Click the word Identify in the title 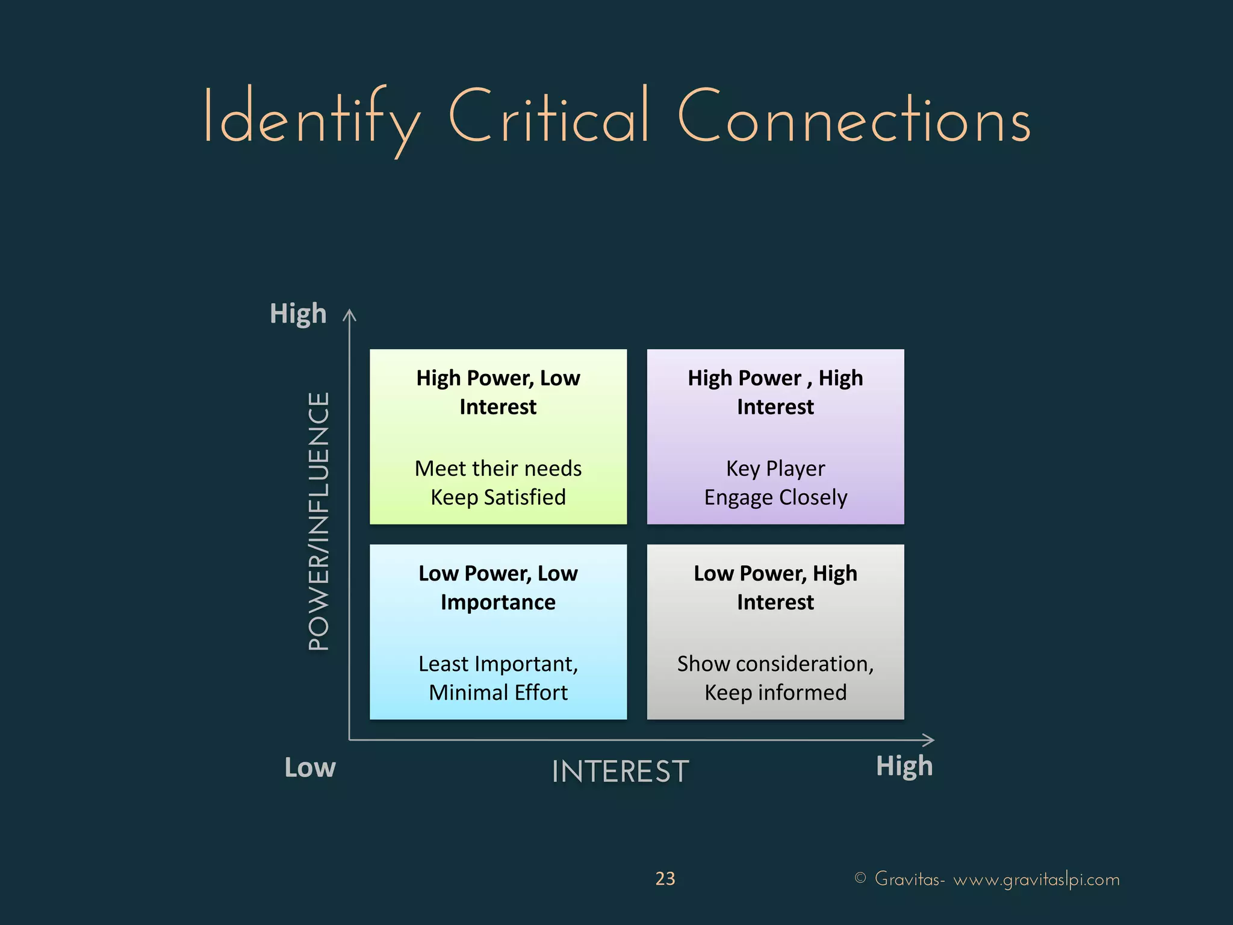pyautogui.click(x=311, y=117)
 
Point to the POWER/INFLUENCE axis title pyautogui.click(x=319, y=521)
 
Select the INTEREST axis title pyautogui.click(x=620, y=771)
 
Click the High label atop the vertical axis pyautogui.click(x=298, y=314)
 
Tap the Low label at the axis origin pyautogui.click(x=310, y=768)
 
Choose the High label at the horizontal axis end pyautogui.click(x=904, y=766)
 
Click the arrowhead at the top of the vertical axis pyautogui.click(x=350, y=315)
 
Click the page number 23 pyautogui.click(x=665, y=879)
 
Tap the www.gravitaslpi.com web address pyautogui.click(x=1036, y=880)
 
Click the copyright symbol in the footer pyautogui.click(x=860, y=878)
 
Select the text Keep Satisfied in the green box pyautogui.click(x=498, y=497)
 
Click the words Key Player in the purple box pyautogui.click(x=775, y=469)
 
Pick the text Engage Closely pyautogui.click(x=775, y=497)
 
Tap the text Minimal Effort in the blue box pyautogui.click(x=498, y=693)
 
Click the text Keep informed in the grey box pyautogui.click(x=775, y=693)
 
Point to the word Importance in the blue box pyautogui.click(x=498, y=602)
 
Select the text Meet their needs pyautogui.click(x=498, y=469)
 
